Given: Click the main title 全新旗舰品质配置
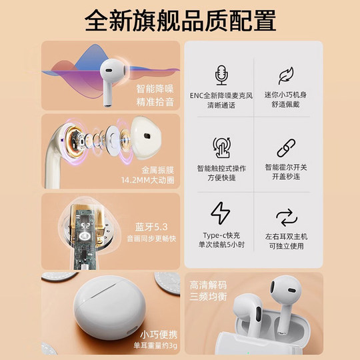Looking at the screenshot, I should point(180,20).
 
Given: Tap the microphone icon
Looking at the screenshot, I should point(221,74).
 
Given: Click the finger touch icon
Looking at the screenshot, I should point(221,145).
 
